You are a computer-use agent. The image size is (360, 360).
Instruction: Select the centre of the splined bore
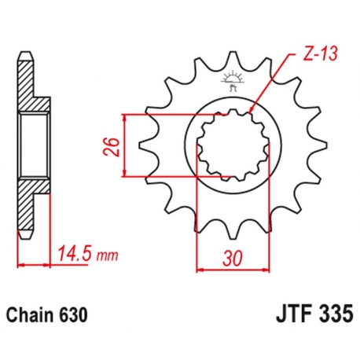pyautogui.click(x=233, y=145)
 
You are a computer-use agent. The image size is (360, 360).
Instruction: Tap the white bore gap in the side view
pyautogui.click(x=35, y=145)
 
